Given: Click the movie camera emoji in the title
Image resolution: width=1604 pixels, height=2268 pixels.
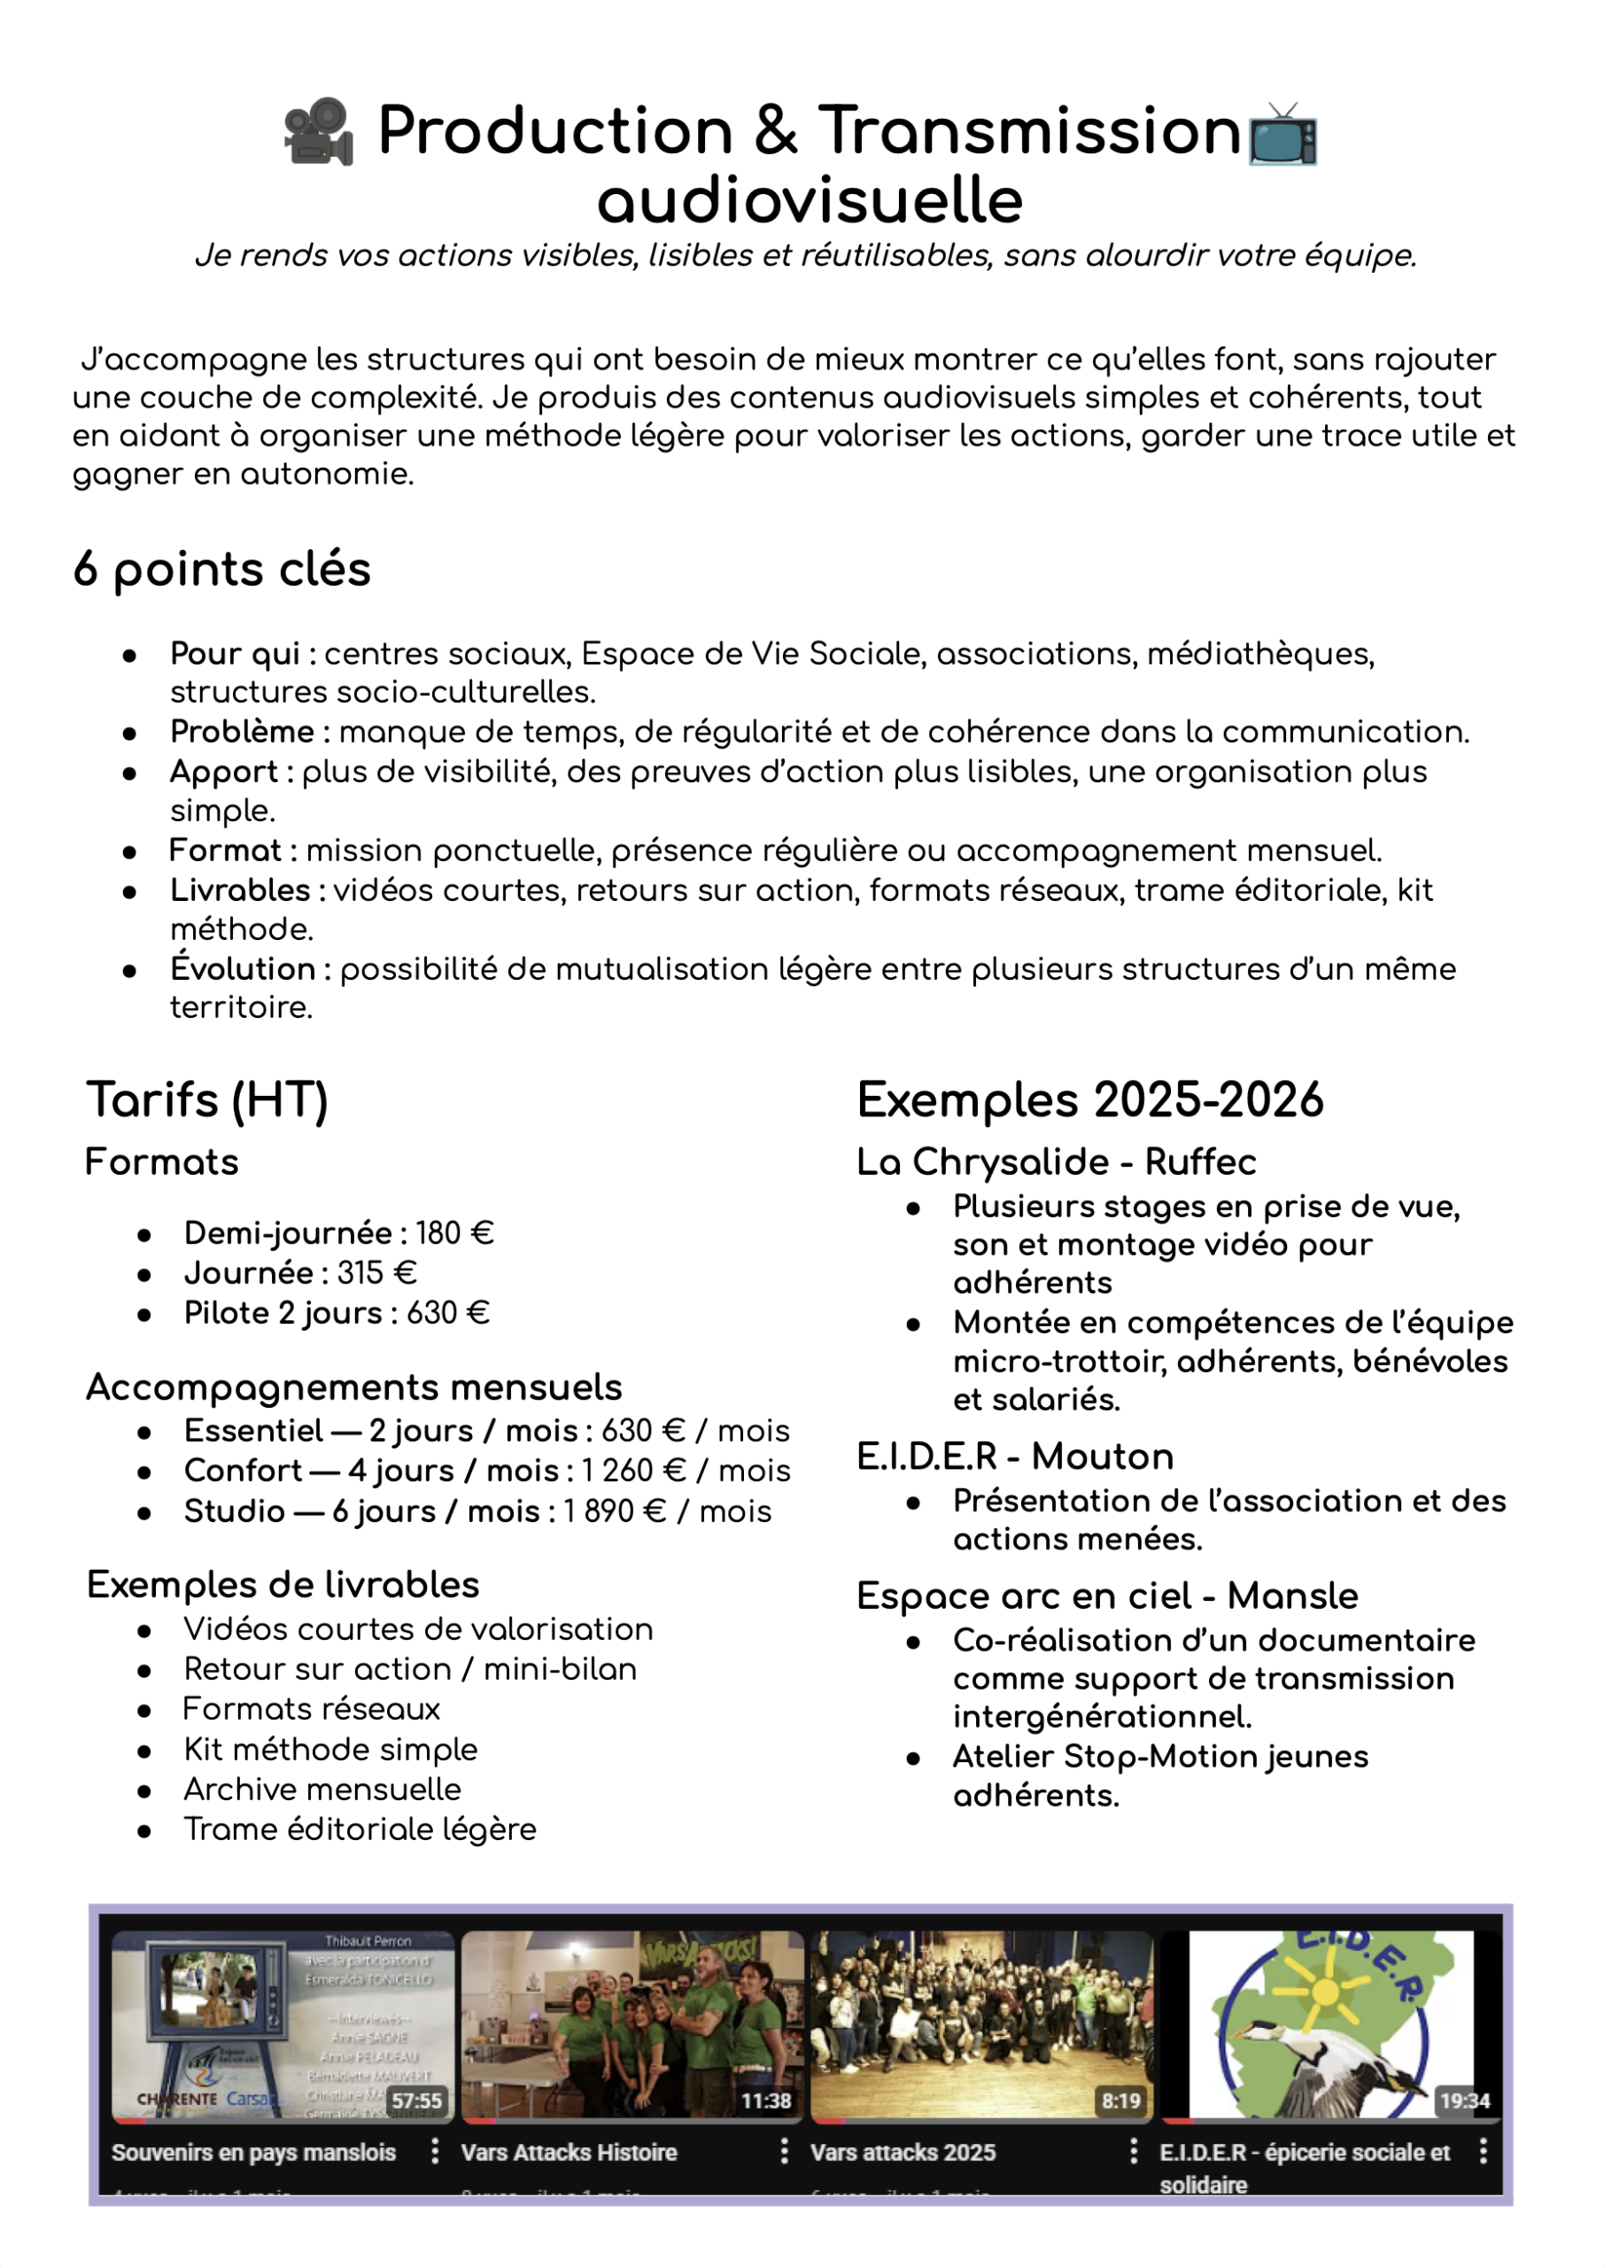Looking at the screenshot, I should (318, 131).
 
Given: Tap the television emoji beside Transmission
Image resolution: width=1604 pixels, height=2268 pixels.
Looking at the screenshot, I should (1282, 135).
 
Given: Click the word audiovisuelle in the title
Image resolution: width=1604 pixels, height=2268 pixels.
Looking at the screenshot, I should (810, 200).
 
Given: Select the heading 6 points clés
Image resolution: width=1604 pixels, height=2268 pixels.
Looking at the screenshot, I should (222, 569).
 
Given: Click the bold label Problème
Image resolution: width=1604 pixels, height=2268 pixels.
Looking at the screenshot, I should (242, 732).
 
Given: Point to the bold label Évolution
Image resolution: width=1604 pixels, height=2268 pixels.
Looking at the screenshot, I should (243, 969).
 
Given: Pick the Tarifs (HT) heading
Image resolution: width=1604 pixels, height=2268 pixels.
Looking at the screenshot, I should (207, 1099).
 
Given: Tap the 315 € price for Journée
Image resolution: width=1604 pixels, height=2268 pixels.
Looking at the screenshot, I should (376, 1272).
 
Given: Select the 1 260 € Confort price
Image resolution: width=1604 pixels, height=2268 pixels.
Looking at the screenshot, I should (633, 1470).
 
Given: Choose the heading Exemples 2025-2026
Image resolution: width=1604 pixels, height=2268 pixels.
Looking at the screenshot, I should (1089, 1099).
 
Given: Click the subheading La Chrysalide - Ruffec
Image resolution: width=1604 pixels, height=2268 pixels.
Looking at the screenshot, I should (1056, 1161).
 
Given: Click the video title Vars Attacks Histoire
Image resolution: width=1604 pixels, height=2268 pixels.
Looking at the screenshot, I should (569, 2153).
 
